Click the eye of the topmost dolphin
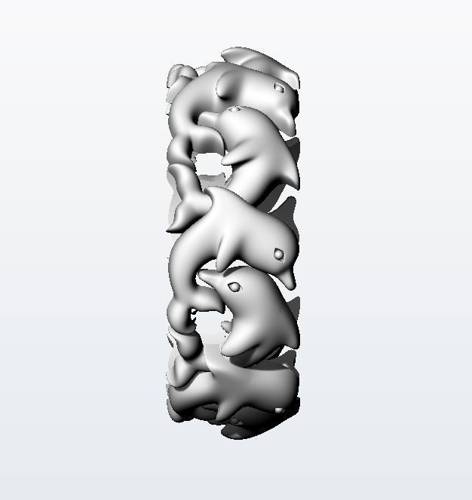click(279, 88)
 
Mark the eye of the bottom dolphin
click(279, 410)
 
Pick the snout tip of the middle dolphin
click(291, 286)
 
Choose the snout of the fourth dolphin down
click(202, 276)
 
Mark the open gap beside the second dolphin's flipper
click(207, 162)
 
